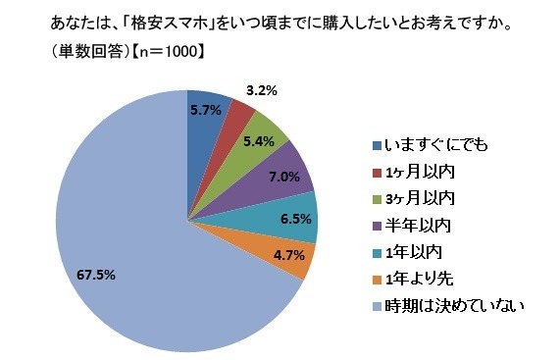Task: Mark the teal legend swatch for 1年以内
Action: (x=378, y=252)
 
